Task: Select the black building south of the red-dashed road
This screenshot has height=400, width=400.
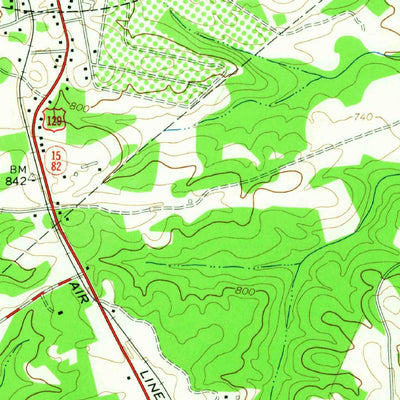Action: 60,313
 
